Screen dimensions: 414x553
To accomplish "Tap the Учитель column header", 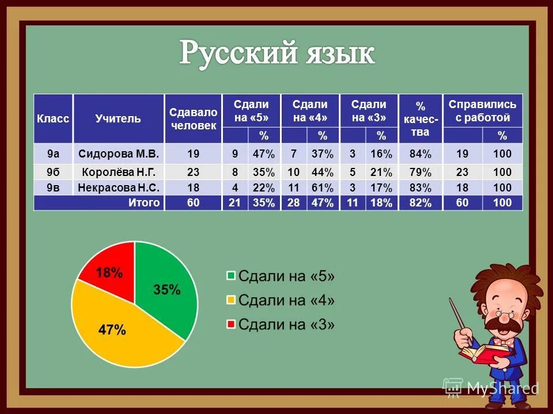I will click(x=118, y=118).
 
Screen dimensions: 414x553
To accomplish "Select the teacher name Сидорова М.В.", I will click(x=118, y=154).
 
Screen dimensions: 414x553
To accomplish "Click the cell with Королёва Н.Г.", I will click(x=118, y=171).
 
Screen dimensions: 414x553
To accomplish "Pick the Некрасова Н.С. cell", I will click(x=118, y=187).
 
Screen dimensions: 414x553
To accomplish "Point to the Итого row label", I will click(x=144, y=202).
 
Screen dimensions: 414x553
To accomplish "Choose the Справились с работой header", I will click(x=482, y=110).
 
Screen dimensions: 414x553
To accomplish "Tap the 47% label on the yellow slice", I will click(x=112, y=329).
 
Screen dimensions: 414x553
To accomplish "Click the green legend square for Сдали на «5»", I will click(x=231, y=275).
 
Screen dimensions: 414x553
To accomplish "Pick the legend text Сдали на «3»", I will click(x=286, y=324).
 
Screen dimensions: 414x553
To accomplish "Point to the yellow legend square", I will click(x=231, y=300).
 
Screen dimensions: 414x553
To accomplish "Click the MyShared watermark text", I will click(x=502, y=388).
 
